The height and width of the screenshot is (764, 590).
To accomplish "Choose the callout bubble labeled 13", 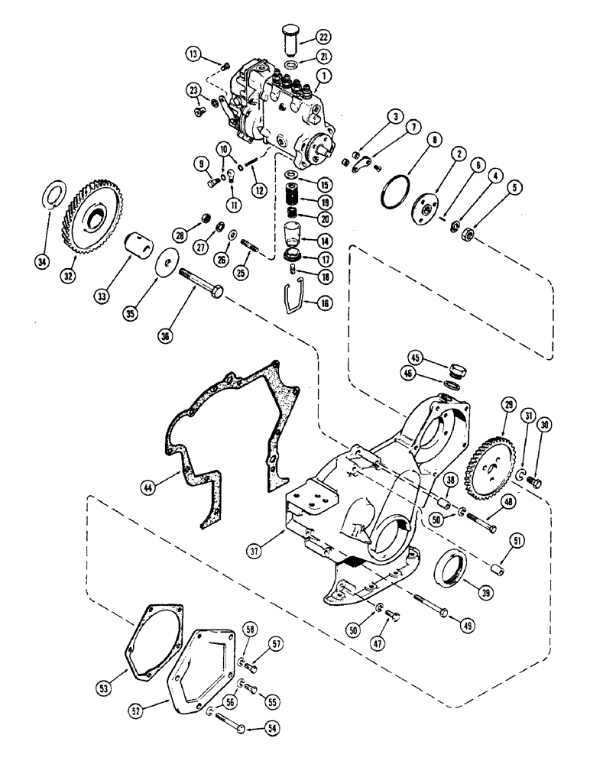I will click(x=194, y=53).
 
